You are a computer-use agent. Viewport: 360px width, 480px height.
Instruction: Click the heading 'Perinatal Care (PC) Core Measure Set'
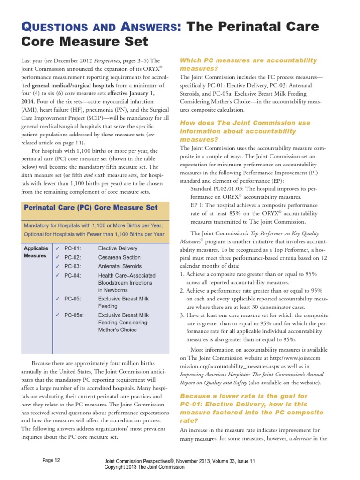(x=90, y=207)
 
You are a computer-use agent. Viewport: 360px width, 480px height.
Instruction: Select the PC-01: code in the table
(x=73, y=248)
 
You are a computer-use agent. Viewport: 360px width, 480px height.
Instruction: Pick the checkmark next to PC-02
(x=57, y=257)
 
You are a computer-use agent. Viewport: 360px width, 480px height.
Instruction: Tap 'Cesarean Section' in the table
(x=119, y=257)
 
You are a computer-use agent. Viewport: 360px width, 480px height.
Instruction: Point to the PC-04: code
(x=73, y=276)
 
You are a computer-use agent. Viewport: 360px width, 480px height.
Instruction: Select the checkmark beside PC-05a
(x=57, y=315)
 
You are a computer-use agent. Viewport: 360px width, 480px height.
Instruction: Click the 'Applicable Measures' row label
(x=36, y=252)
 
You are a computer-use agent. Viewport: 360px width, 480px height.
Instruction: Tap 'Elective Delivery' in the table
(x=118, y=248)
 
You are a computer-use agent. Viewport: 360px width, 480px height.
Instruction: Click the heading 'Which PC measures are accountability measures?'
(x=248, y=65)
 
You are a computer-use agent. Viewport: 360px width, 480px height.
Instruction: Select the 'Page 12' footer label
(x=51, y=461)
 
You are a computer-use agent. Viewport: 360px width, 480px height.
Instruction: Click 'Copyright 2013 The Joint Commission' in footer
(x=144, y=467)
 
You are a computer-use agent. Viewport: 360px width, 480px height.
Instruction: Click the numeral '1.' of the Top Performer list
(x=183, y=274)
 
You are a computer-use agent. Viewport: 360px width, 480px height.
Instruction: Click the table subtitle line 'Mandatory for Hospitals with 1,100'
(x=93, y=225)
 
